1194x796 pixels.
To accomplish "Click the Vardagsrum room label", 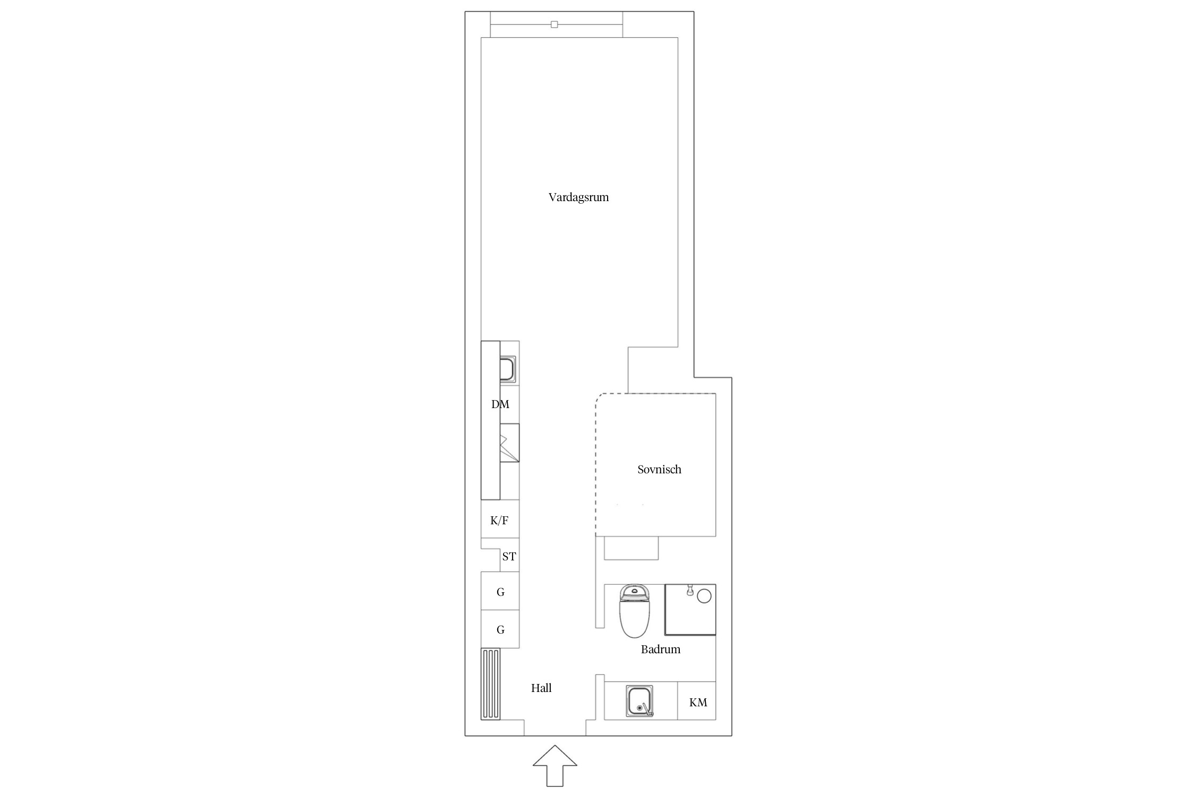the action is click(578, 197).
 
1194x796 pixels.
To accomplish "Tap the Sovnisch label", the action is click(659, 469).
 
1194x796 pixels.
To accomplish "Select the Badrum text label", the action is click(660, 649).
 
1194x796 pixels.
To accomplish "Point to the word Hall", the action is click(541, 688).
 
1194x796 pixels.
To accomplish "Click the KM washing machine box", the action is click(697, 700).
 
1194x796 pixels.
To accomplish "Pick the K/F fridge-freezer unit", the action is click(500, 519).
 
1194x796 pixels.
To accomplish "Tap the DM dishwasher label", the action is click(500, 404).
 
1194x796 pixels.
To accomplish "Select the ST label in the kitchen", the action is click(509, 557).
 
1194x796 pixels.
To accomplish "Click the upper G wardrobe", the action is click(500, 591).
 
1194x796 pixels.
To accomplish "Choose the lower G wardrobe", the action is click(500, 629).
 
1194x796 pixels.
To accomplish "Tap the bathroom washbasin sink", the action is click(639, 702).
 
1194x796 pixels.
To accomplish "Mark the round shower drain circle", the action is click(704, 596).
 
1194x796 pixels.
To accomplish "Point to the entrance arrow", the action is click(555, 766).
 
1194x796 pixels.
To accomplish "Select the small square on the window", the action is click(555, 24).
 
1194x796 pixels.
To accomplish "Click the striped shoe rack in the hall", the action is click(490, 684).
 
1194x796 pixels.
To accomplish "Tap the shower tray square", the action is click(690, 610).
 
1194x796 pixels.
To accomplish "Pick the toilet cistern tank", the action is click(635, 592).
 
